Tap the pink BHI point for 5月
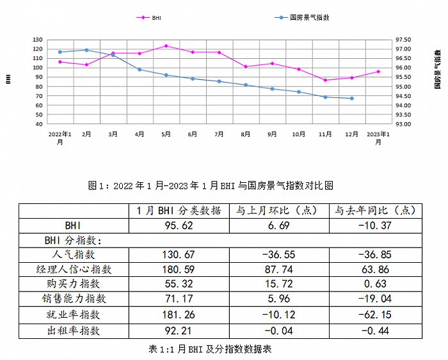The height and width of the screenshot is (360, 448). pos(166,46)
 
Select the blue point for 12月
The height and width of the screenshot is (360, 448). pos(352,98)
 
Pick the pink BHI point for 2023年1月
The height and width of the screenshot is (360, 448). pos(378,72)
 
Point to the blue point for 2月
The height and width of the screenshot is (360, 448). pos(86,50)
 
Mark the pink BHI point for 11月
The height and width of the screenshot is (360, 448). pos(325,80)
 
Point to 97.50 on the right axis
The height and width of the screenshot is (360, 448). pos(405,40)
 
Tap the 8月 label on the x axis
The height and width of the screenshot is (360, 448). pos(246,134)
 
